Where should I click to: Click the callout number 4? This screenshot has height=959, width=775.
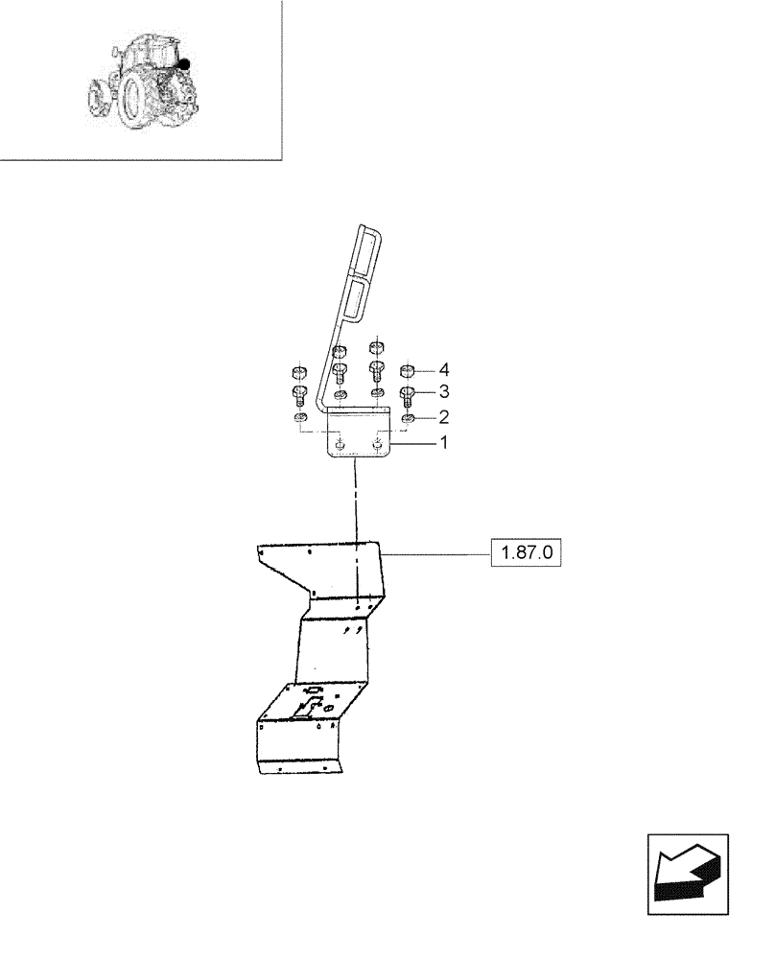[443, 369]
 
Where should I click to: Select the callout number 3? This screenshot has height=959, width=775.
[443, 392]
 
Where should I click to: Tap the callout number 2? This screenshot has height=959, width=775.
[443, 417]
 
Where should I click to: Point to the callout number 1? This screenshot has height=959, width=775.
[443, 443]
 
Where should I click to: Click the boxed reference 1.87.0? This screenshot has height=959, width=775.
[526, 554]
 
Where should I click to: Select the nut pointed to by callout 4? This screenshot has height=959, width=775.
[408, 370]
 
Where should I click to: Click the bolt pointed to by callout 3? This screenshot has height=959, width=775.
[408, 394]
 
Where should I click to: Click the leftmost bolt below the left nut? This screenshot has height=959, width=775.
[298, 394]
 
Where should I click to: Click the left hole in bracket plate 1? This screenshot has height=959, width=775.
[341, 444]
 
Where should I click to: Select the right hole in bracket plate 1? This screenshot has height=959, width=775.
[378, 444]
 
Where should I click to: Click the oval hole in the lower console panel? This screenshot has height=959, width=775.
[328, 708]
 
